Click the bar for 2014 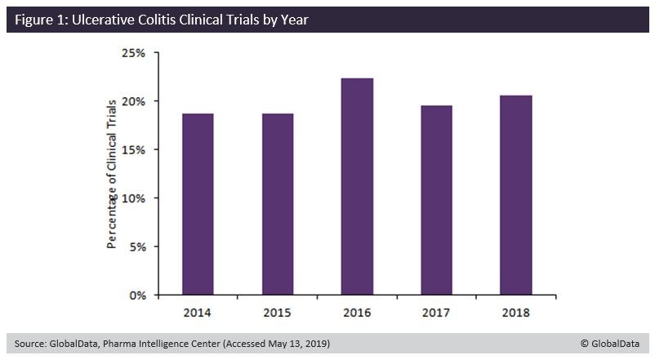click(198, 204)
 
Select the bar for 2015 click(277, 204)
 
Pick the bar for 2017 click(436, 200)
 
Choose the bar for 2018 click(515, 195)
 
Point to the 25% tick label click(133, 53)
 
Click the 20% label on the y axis click(133, 101)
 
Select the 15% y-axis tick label click(133, 149)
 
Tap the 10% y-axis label click(133, 198)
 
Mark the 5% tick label click(136, 247)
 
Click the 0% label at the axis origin click(136, 295)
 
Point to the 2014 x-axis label click(198, 313)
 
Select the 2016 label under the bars click(357, 313)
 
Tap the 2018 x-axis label click(515, 313)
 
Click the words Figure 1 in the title click(38, 20)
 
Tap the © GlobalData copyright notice click(611, 344)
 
